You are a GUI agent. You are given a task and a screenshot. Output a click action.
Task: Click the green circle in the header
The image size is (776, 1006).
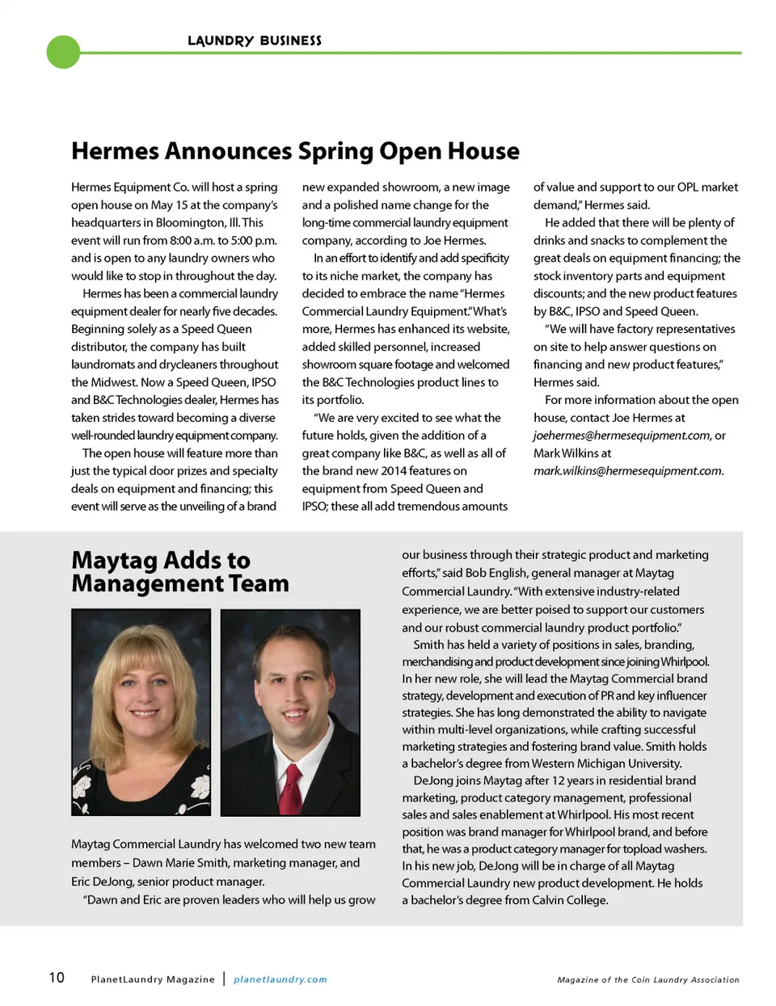tap(64, 52)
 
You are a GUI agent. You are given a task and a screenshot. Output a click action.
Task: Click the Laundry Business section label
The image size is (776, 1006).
tap(254, 40)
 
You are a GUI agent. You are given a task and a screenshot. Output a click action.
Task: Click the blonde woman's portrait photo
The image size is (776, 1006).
tap(141, 711)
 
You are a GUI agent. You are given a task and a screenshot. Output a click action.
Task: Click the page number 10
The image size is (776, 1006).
tap(57, 978)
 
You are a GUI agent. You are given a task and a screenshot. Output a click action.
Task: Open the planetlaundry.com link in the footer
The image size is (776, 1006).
tap(280, 979)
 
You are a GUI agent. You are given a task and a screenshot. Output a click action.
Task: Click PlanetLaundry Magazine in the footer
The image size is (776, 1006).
tap(153, 979)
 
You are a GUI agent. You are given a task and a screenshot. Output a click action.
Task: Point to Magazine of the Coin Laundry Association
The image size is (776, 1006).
tap(648, 979)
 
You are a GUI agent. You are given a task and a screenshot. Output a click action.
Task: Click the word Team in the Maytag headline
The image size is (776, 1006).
tap(259, 583)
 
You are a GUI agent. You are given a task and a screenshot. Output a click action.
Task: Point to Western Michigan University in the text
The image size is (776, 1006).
tap(606, 764)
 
